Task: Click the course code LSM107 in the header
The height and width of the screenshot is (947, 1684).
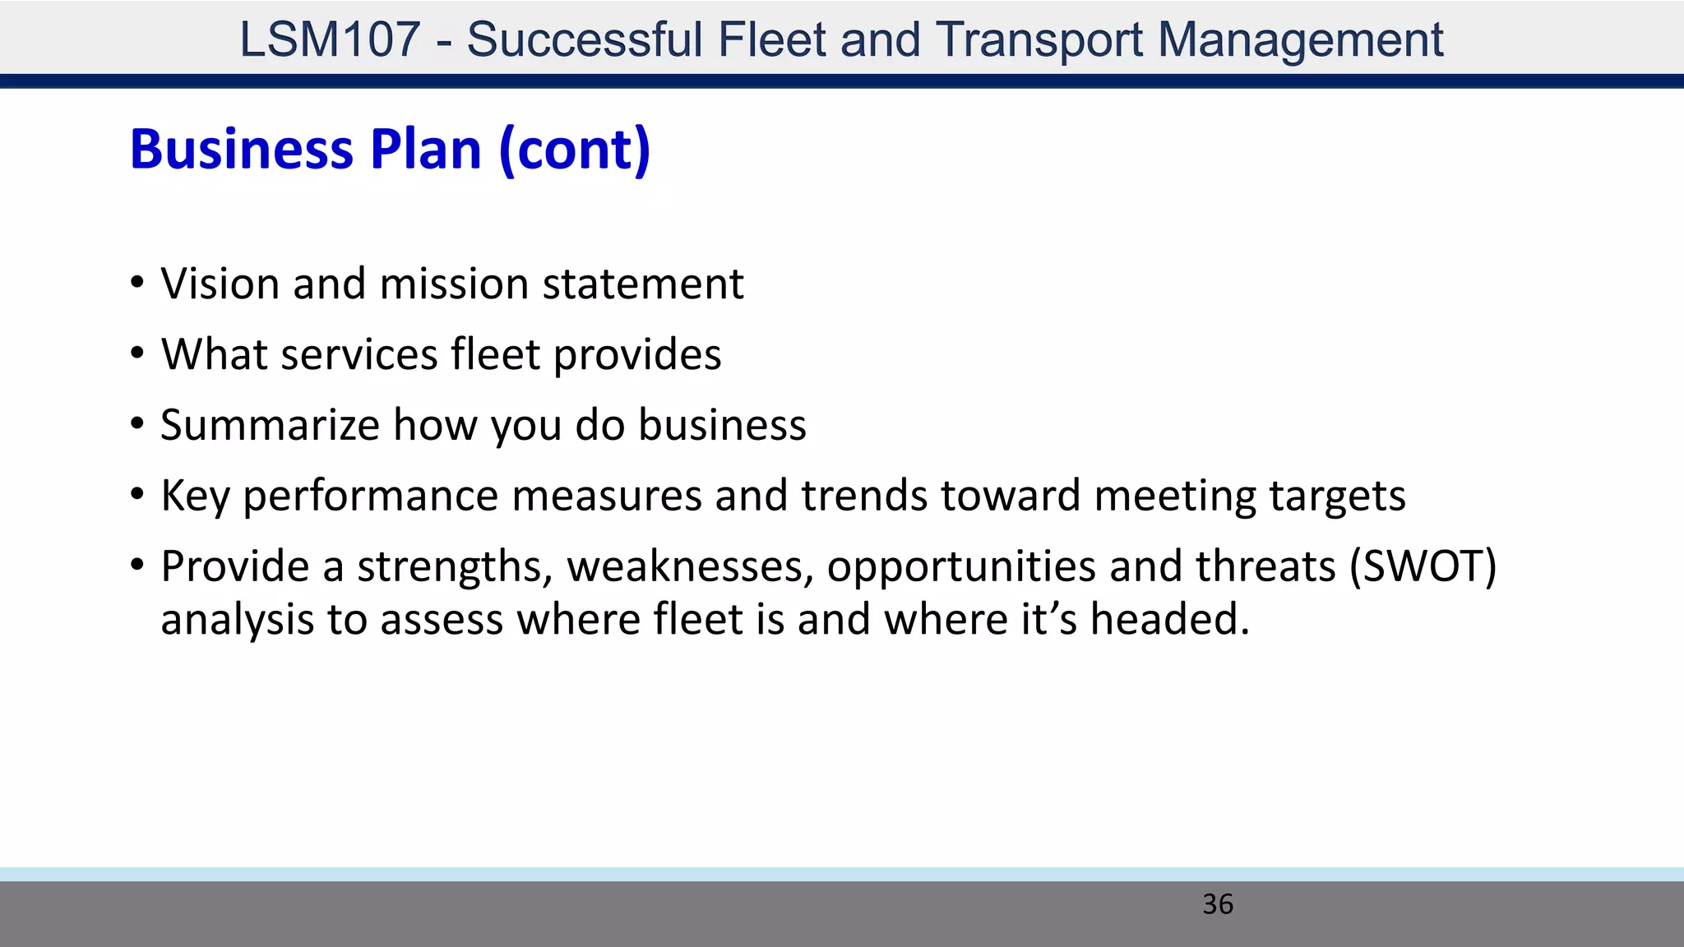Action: (x=330, y=39)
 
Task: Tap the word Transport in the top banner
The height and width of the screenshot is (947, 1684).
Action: (x=1039, y=39)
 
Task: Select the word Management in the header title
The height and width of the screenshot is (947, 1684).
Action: (x=1300, y=39)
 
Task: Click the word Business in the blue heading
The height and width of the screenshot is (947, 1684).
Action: (x=242, y=150)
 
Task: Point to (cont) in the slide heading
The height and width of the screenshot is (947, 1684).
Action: (x=575, y=150)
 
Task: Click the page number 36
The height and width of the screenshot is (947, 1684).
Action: (x=1217, y=904)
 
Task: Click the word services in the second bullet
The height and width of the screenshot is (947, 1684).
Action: (x=359, y=355)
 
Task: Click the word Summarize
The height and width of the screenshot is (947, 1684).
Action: (x=270, y=426)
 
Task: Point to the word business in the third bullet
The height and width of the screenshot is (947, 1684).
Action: (x=722, y=426)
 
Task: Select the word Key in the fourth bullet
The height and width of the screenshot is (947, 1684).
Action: (x=195, y=497)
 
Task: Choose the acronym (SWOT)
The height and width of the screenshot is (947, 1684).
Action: (x=1423, y=567)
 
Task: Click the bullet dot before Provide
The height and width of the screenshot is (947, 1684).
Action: (x=137, y=566)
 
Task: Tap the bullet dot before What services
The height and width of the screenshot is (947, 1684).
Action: (x=137, y=354)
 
